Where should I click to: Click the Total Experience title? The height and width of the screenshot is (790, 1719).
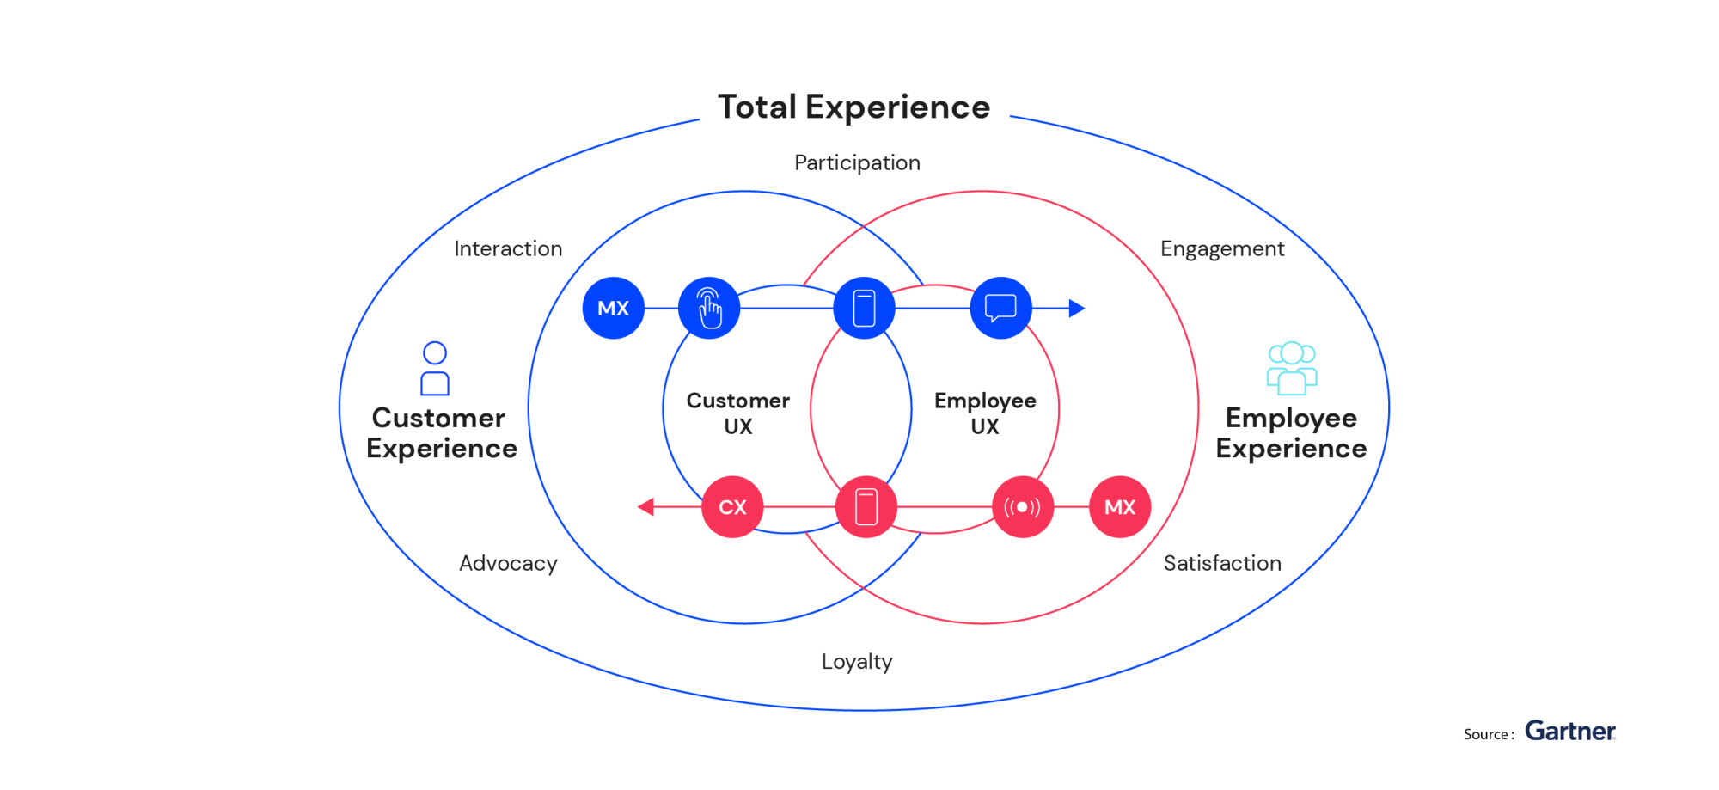pyautogui.click(x=853, y=107)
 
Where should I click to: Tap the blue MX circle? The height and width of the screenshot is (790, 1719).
pyautogui.click(x=613, y=308)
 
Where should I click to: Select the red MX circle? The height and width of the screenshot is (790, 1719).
pyautogui.click(x=1119, y=507)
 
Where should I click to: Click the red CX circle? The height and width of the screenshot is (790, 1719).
pyautogui.click(x=732, y=507)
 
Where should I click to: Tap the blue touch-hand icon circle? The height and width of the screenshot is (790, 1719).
pyautogui.click(x=709, y=308)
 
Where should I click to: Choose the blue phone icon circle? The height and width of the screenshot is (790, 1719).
pyautogui.click(x=864, y=308)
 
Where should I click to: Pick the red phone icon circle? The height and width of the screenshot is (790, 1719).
pyautogui.click(x=866, y=507)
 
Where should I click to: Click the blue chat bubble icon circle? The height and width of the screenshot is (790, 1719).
pyautogui.click(x=1000, y=308)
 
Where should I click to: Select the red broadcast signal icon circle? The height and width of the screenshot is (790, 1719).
pyautogui.click(x=1022, y=507)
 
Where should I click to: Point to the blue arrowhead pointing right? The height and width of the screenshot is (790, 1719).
pyautogui.click(x=1076, y=308)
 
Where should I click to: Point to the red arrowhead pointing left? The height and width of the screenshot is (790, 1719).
pyautogui.click(x=646, y=507)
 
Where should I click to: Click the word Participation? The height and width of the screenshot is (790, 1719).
pyautogui.click(x=857, y=162)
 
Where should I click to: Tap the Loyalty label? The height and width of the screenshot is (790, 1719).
pyautogui.click(x=857, y=661)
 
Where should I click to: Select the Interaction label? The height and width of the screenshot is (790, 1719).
pyautogui.click(x=508, y=248)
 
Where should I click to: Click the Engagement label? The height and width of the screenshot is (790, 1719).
pyautogui.click(x=1221, y=248)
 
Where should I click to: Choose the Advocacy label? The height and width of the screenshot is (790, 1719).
pyautogui.click(x=508, y=563)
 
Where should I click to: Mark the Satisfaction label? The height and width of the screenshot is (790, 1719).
pyautogui.click(x=1221, y=563)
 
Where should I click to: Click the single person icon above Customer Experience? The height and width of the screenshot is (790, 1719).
pyautogui.click(x=435, y=368)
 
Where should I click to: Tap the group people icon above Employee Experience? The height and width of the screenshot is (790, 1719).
pyautogui.click(x=1291, y=368)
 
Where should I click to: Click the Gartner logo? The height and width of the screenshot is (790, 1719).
pyautogui.click(x=1569, y=731)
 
